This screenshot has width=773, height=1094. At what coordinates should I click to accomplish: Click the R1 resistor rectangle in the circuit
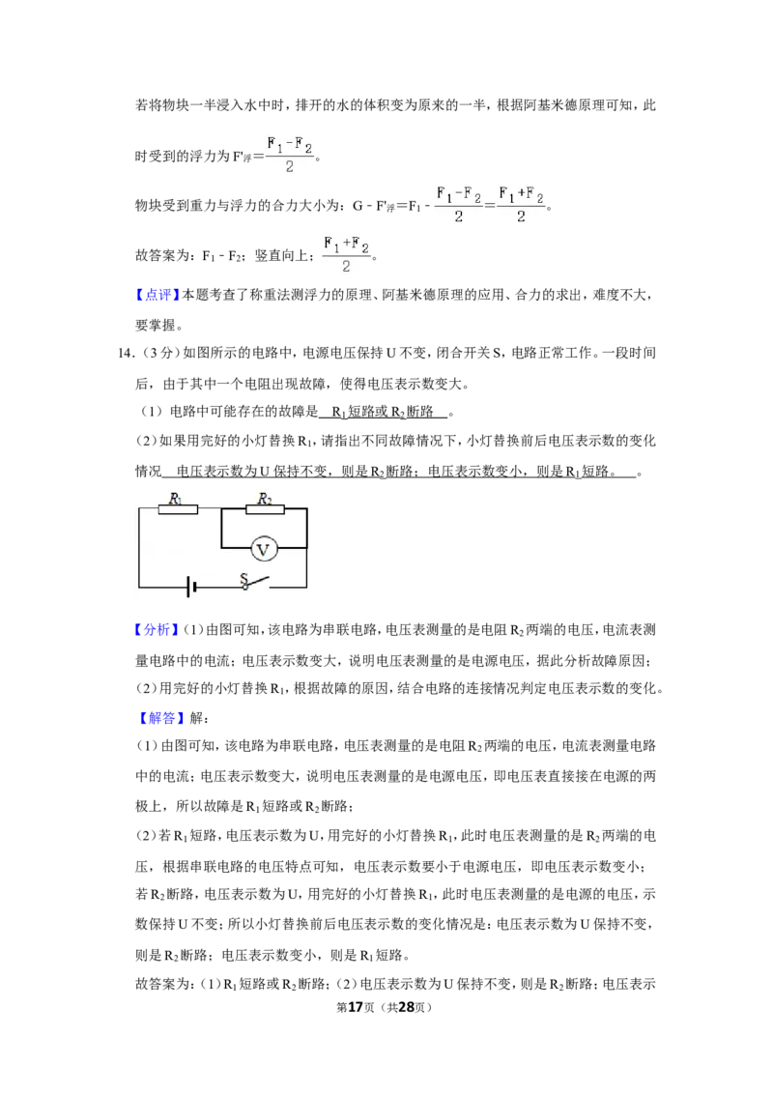click(x=178, y=509)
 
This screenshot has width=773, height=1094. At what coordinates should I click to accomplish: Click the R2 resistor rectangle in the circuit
click(x=265, y=509)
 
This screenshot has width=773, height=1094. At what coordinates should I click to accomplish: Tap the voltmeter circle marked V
click(x=263, y=550)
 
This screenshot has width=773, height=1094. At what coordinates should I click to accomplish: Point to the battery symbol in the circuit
click(x=190, y=587)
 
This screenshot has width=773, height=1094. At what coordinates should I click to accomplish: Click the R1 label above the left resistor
click(x=176, y=498)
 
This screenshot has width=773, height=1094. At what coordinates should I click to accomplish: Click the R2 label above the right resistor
click(x=265, y=498)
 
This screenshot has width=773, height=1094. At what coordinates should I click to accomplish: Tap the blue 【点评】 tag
click(x=157, y=295)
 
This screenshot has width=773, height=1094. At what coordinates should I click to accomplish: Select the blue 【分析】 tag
click(x=157, y=630)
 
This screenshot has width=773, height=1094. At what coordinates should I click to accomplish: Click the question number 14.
click(x=126, y=353)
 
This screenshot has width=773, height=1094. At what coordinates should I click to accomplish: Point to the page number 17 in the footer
click(x=356, y=1007)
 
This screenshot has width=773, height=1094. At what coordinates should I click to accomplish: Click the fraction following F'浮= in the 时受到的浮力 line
click(x=290, y=155)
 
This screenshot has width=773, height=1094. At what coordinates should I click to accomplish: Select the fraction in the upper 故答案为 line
click(x=346, y=255)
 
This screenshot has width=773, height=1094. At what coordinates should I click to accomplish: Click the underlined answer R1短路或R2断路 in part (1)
click(x=383, y=413)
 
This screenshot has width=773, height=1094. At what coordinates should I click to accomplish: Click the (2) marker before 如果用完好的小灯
click(x=147, y=441)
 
